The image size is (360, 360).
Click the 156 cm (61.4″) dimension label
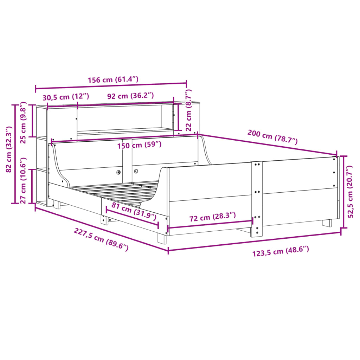(x=113, y=79)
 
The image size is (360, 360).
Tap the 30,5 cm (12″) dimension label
(x=66, y=96)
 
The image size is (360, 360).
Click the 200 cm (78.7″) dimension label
(x=272, y=137)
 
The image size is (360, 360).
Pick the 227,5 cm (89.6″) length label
(x=101, y=239)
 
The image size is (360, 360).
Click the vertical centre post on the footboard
(x=257, y=199)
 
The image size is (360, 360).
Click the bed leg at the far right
(x=327, y=223)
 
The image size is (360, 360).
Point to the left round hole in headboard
(x=118, y=172)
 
